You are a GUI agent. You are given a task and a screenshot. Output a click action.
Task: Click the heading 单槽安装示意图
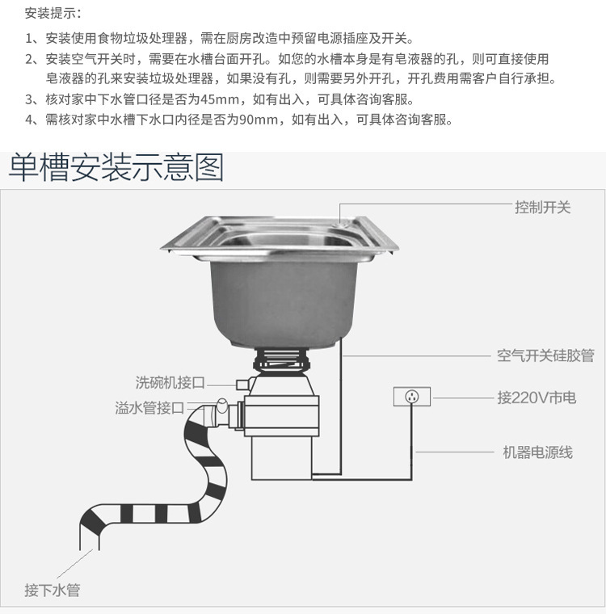(x=116, y=167)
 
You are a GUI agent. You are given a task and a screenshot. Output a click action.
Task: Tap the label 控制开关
(x=542, y=207)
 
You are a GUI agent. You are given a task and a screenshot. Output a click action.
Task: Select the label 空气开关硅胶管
(x=545, y=355)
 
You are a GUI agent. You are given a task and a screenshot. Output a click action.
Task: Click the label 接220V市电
(x=537, y=397)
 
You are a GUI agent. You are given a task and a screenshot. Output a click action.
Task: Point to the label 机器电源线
(x=538, y=452)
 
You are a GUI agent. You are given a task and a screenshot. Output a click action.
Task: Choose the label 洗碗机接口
(x=170, y=382)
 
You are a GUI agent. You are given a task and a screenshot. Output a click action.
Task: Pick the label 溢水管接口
(x=149, y=408)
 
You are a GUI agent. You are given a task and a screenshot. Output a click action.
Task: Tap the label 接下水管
(x=53, y=590)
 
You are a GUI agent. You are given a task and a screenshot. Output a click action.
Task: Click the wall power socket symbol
(x=412, y=397)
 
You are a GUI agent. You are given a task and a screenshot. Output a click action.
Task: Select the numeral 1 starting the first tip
(x=28, y=39)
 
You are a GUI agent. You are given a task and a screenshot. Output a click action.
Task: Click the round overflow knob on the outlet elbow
(x=222, y=406)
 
